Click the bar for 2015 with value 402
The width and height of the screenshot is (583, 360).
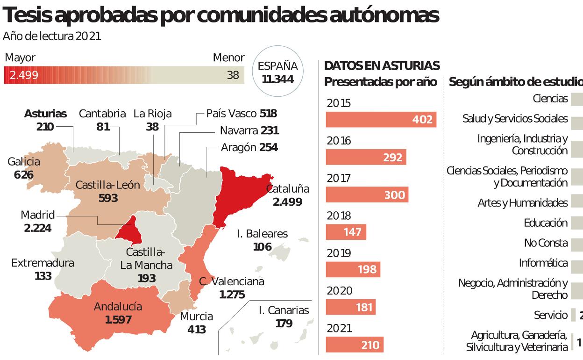[381, 120]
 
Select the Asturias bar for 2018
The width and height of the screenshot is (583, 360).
[346, 232]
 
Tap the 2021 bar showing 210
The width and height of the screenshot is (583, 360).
[355, 345]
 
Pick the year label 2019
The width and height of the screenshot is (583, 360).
[339, 253]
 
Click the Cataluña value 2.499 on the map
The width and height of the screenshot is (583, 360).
[287, 202]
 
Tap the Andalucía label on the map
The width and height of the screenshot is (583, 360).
[118, 307]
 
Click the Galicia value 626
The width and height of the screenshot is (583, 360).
[24, 175]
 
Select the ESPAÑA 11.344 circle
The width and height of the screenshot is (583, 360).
[277, 72]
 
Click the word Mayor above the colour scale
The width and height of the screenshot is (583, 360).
[20, 58]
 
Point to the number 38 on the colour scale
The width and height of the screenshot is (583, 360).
[233, 75]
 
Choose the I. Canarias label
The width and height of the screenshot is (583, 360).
[284, 310]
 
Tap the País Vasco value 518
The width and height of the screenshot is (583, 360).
[268, 114]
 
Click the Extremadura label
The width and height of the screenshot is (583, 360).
[43, 263]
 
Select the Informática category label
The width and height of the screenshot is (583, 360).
[543, 263]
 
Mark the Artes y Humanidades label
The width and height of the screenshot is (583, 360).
[523, 203]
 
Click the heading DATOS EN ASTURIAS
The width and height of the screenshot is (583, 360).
[382, 65]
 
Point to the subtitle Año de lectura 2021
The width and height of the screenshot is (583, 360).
[52, 36]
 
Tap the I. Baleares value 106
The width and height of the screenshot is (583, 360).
[262, 246]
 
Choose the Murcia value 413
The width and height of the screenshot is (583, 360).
[197, 330]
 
